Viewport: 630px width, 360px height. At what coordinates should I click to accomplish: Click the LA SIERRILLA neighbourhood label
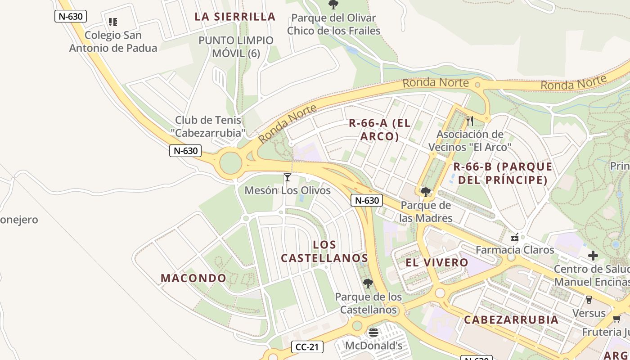pos(235,17)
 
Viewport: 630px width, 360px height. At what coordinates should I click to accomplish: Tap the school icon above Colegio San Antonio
pos(113,22)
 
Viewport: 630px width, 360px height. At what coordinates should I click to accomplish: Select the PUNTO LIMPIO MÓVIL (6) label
pos(236,47)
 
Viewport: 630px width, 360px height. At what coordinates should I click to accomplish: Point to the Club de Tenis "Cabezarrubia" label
pos(208,126)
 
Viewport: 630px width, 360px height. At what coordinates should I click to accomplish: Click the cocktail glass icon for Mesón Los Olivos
pos(288,177)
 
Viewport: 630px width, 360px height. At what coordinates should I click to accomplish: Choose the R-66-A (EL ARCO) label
pos(380,130)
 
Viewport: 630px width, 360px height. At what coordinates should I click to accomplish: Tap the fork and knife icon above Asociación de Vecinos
pos(470,121)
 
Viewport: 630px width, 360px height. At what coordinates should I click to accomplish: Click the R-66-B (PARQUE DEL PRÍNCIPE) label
pos(503,173)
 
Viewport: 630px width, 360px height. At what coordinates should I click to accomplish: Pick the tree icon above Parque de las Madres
pos(425,193)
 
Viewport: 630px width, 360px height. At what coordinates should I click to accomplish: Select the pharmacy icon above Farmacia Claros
pos(515,237)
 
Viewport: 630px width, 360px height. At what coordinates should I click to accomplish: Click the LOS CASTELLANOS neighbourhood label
pos(324,252)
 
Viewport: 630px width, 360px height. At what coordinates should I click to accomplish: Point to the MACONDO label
pos(193,278)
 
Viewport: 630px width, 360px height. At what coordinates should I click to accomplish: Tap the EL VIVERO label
pos(437,263)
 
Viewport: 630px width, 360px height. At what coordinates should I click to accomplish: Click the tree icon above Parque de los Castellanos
pos(368,283)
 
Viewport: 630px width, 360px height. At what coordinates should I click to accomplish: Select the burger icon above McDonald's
pos(373,333)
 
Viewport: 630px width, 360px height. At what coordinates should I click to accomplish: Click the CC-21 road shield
pos(307,347)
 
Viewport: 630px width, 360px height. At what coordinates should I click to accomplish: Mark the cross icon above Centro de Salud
pos(593,256)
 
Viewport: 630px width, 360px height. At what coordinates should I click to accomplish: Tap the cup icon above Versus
pos(589,299)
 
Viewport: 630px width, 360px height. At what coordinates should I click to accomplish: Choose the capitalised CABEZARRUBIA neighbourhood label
pos(511,320)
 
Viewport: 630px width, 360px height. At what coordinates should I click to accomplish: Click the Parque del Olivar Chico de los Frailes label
pos(334,24)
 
